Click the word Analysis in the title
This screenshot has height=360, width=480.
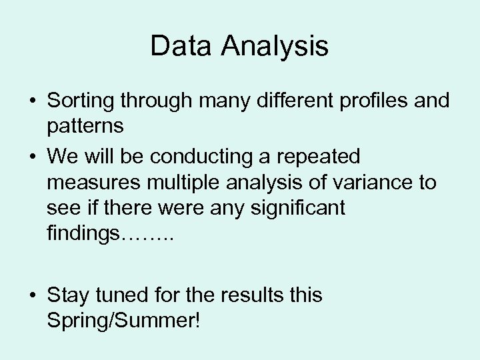click(276, 46)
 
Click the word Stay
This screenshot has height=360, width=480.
click(70, 295)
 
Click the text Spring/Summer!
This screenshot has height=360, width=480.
click(123, 321)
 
